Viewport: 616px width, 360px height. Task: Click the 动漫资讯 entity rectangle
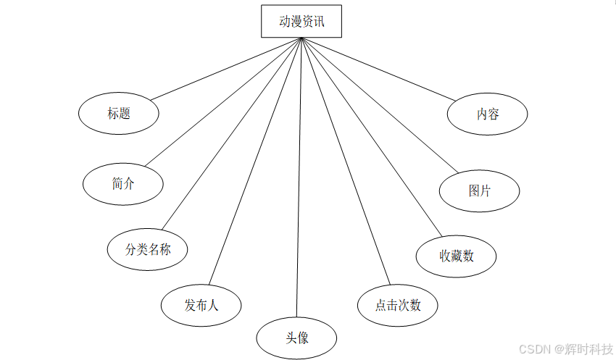(x=301, y=22)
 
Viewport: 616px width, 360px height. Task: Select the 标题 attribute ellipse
(x=119, y=113)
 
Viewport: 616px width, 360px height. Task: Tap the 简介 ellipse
(x=123, y=184)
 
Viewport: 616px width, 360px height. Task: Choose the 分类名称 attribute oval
(x=148, y=249)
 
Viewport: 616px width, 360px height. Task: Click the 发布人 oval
(x=201, y=305)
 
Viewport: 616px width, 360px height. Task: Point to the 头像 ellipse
(x=297, y=337)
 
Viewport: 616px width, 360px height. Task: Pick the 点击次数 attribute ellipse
(x=398, y=305)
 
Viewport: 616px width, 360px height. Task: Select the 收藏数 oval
(x=457, y=256)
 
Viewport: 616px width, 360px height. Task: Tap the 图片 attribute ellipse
(x=480, y=191)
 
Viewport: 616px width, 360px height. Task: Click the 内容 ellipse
(x=488, y=114)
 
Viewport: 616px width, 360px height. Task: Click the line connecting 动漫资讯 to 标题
(x=225, y=68)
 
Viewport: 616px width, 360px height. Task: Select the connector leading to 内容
(x=378, y=69)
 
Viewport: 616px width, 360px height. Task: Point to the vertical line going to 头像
(x=299, y=181)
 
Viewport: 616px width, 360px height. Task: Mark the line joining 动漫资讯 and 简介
(x=222, y=102)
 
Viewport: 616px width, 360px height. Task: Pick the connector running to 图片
(x=380, y=106)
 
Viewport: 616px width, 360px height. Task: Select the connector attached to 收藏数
(x=371, y=137)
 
